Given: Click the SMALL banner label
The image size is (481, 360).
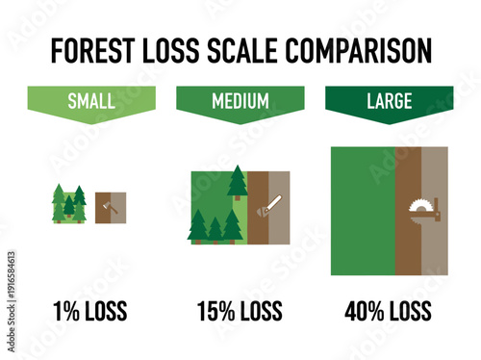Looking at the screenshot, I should click(91, 101).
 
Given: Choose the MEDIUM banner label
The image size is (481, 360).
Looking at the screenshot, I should click(240, 101).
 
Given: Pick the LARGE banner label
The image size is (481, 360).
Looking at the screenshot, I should click(389, 101).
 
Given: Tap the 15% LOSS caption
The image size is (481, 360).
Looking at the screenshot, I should click(240, 311).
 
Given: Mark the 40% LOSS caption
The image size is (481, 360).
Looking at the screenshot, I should click(389, 311).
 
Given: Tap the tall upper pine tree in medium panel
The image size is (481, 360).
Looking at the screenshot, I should click(237, 181).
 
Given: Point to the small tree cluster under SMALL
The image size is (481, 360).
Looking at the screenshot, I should click(68, 204).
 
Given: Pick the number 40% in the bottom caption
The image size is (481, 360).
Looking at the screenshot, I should click(364, 311).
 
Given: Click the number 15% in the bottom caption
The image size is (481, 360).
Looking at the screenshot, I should click(215, 311).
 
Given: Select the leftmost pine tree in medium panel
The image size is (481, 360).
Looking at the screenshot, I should click(197, 226).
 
